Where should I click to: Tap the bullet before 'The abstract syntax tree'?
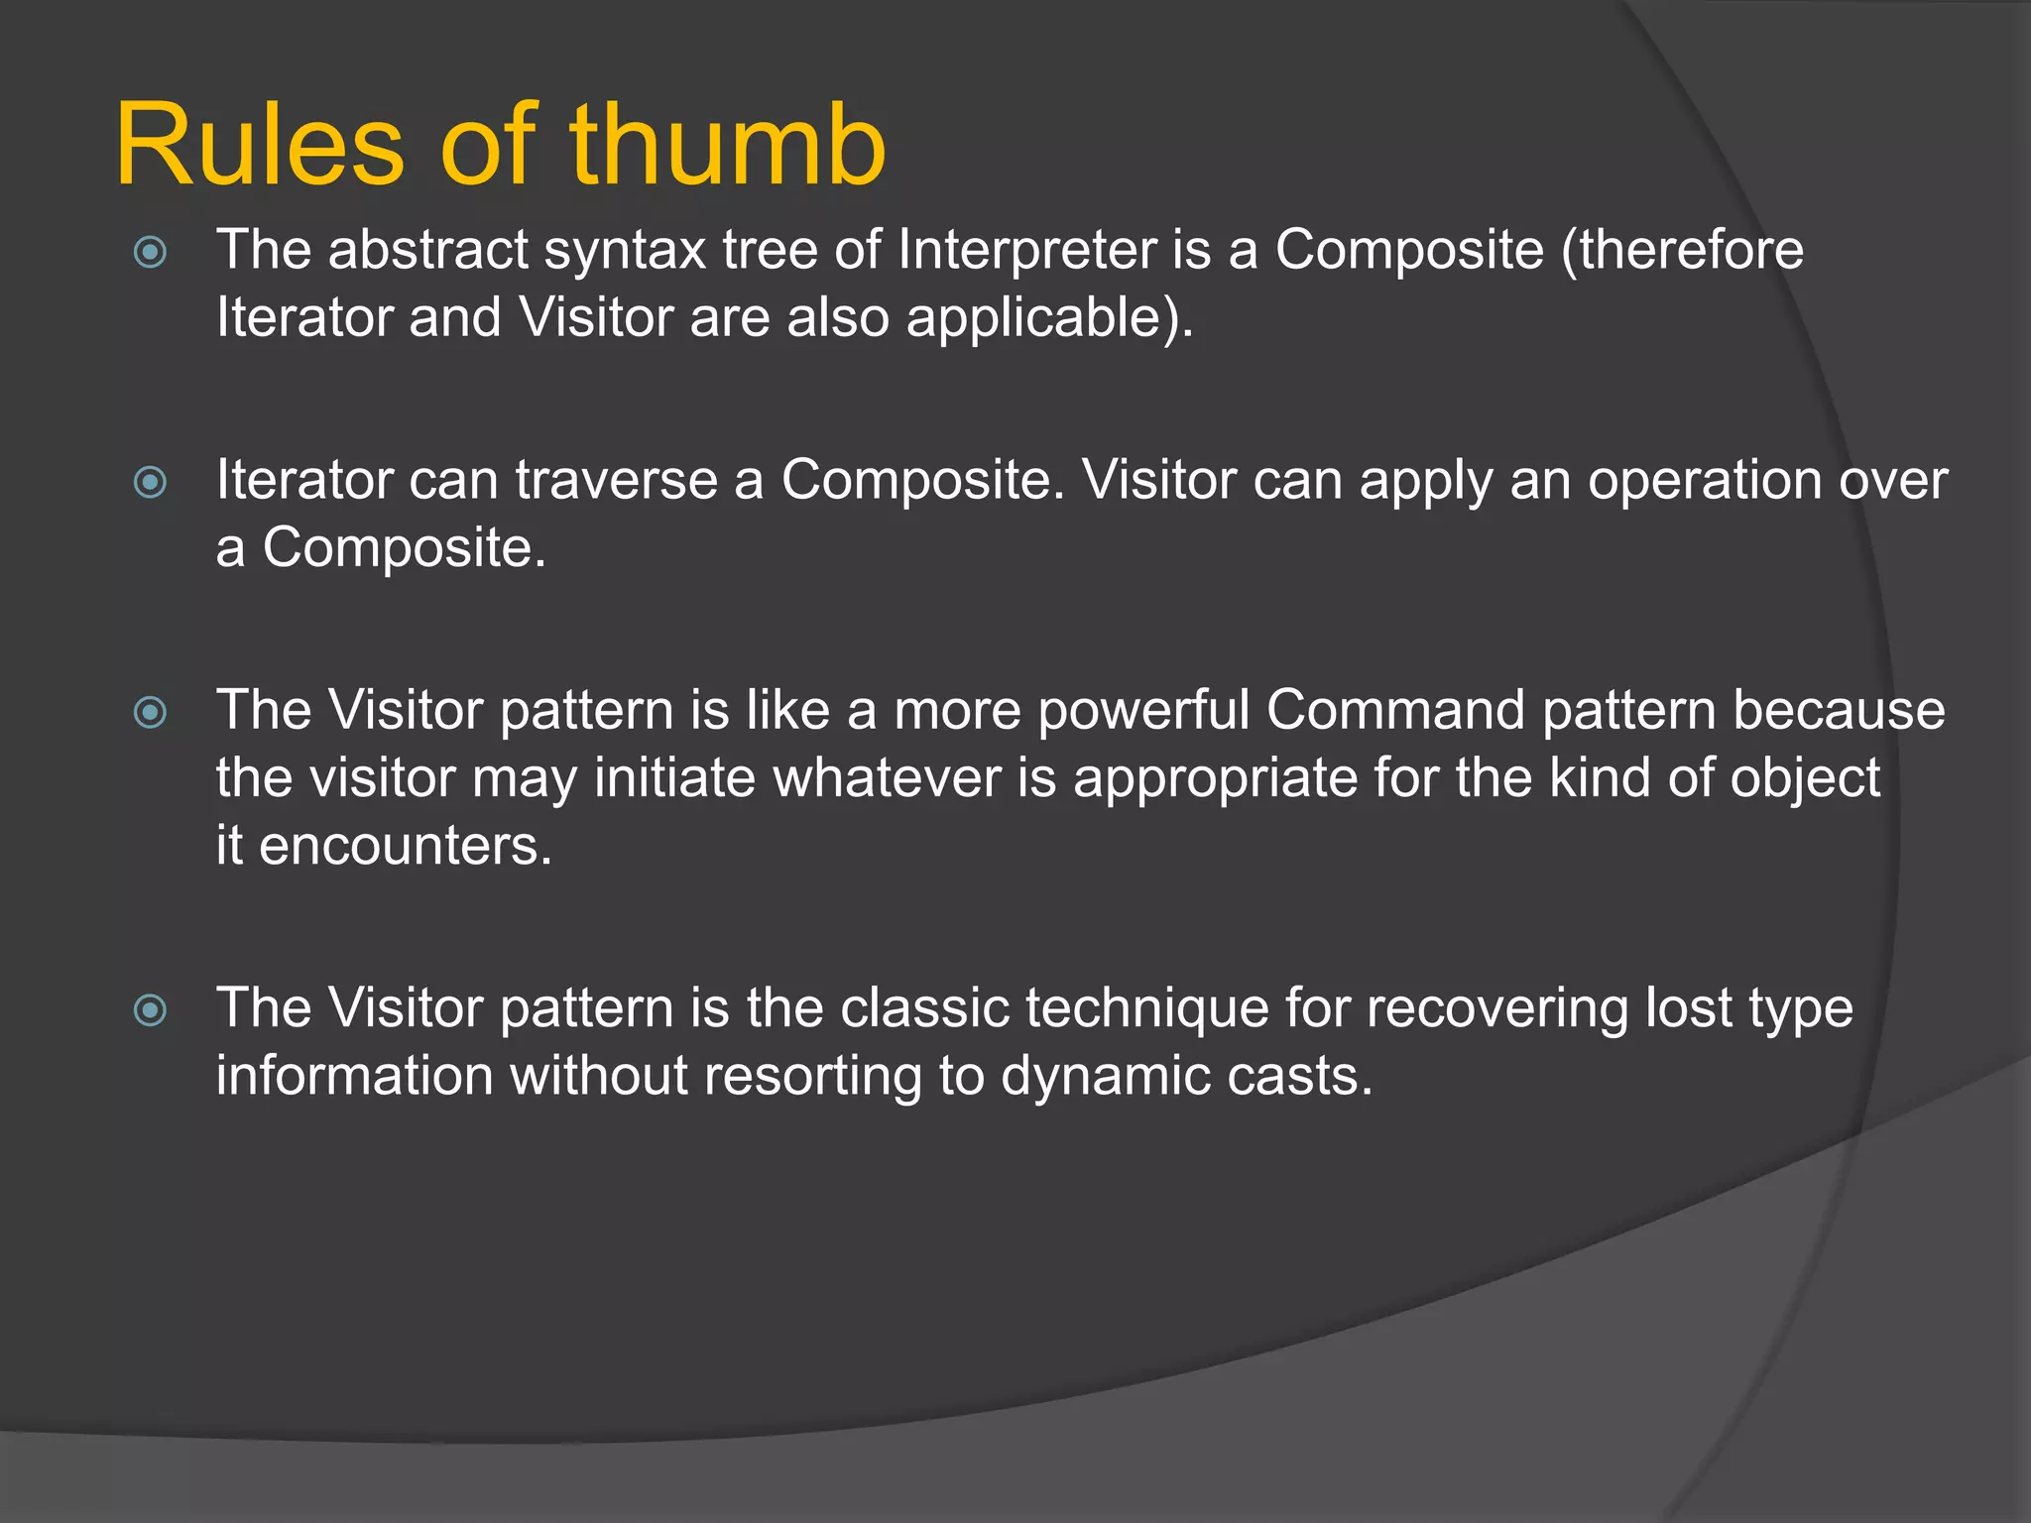point(150,252)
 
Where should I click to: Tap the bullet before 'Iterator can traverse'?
point(150,483)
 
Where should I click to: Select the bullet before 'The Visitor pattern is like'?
point(150,712)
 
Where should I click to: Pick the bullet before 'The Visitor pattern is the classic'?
point(150,1010)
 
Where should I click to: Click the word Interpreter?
point(1026,250)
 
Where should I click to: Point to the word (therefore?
point(1682,250)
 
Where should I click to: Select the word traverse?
point(616,481)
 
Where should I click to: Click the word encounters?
point(405,847)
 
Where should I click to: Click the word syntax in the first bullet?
point(625,252)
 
